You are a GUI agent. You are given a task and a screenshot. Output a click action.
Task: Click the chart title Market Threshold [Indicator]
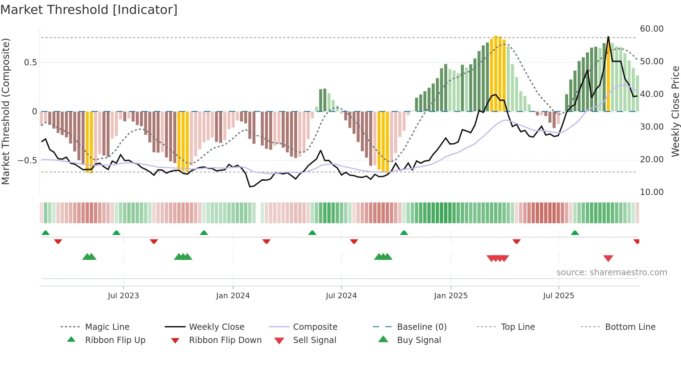[x=89, y=10]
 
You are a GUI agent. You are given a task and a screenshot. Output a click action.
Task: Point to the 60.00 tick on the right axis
[x=651, y=29]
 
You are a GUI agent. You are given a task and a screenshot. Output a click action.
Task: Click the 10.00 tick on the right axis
[x=651, y=192]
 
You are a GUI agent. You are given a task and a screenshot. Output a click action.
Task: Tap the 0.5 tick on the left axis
[x=30, y=63]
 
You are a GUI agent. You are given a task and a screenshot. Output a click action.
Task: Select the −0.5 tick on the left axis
[x=27, y=161]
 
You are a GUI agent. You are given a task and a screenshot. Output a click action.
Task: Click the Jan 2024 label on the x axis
[x=233, y=296]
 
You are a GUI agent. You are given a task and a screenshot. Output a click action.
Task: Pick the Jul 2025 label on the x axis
[x=558, y=296]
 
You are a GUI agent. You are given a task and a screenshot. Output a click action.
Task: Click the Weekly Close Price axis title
[x=675, y=111]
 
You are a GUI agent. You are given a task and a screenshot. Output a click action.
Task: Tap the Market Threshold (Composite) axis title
[x=6, y=111]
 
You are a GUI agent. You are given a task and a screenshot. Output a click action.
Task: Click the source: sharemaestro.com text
[x=612, y=272]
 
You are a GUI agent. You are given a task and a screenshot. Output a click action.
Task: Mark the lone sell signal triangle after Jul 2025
[x=608, y=258]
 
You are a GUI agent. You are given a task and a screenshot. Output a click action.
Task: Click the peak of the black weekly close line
[x=608, y=37]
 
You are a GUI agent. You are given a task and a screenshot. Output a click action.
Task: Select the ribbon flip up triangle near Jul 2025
[x=575, y=233]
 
